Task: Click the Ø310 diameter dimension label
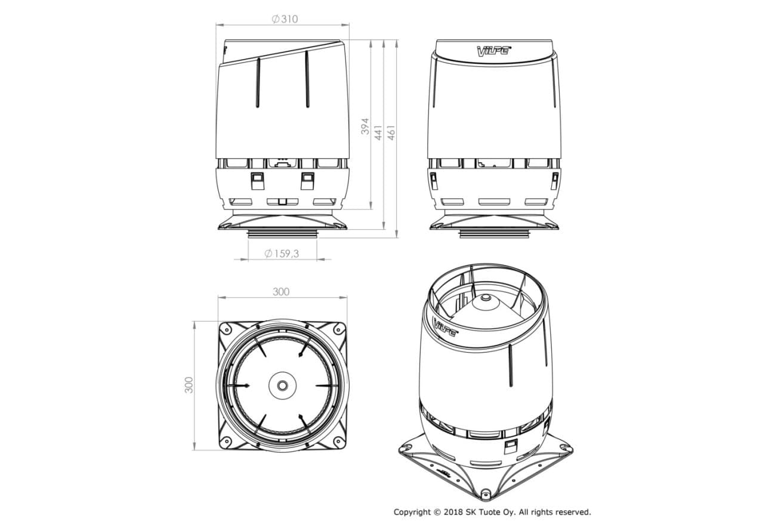coord(285,19)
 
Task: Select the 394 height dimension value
coord(365,126)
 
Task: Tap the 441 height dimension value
coord(378,133)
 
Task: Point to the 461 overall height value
coord(391,132)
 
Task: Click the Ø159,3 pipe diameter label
coord(282,254)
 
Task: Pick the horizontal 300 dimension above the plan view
coord(280,292)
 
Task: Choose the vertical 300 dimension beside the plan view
coord(189,385)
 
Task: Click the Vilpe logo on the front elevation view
coord(493,51)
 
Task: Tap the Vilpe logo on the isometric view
coord(445,327)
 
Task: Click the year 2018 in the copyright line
coord(453,513)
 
